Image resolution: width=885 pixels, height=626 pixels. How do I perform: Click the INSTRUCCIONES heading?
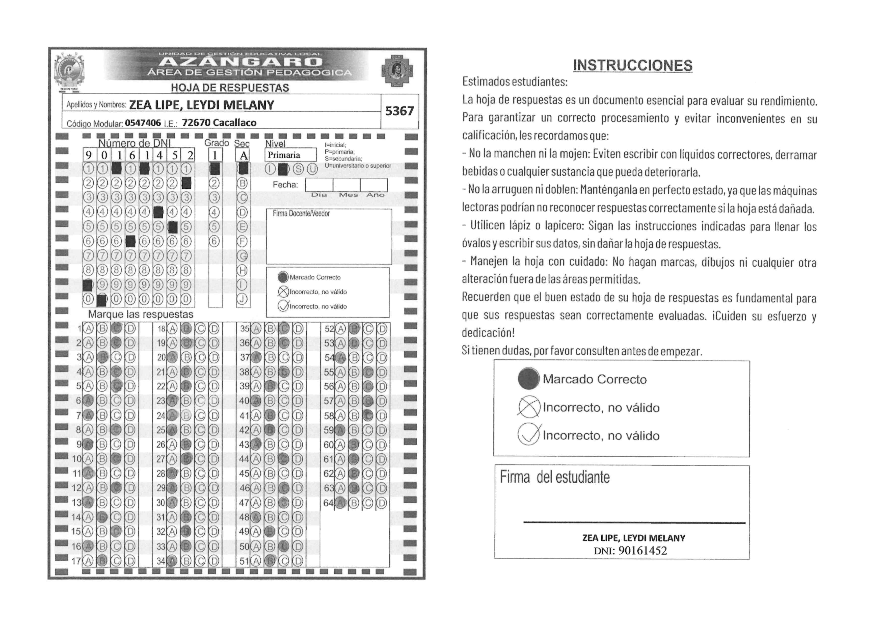point(633,66)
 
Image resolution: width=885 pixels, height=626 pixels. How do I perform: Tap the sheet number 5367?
point(399,111)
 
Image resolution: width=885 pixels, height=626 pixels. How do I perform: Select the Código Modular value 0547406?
point(143,123)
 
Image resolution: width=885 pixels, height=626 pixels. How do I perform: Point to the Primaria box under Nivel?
point(290,155)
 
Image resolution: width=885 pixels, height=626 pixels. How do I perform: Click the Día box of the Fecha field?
point(319,185)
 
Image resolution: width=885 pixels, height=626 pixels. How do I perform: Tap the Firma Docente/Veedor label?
point(301,214)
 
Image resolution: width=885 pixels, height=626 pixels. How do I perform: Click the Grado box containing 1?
point(215,155)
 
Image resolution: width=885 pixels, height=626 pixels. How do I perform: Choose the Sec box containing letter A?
point(243,155)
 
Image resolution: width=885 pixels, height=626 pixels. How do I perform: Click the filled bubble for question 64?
point(340,503)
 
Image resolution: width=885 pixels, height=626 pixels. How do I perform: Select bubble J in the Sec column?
point(242,299)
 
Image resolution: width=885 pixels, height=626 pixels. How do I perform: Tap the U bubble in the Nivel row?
point(312,169)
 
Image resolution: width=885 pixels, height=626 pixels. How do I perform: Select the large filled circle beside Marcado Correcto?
point(528,379)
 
